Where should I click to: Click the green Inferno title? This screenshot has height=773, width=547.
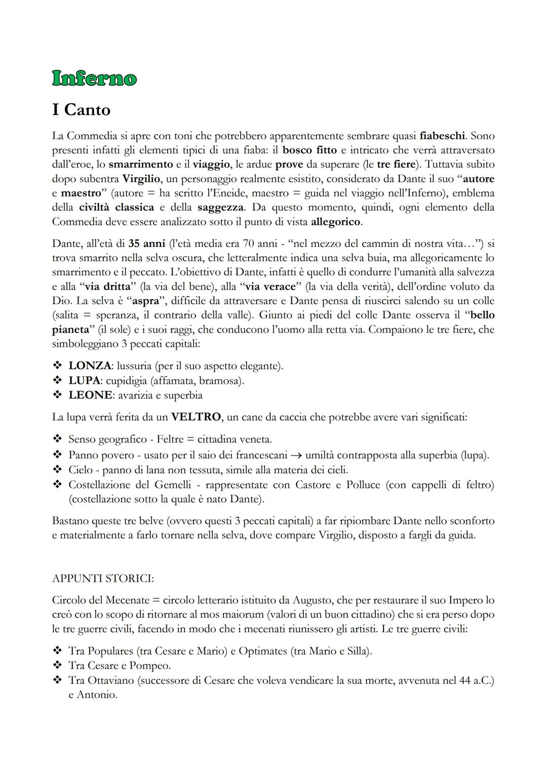click(94, 78)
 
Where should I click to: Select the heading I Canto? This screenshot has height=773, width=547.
click(81, 109)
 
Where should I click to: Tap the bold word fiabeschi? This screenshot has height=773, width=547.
click(442, 136)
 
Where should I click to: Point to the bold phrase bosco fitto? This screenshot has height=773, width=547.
click(309, 150)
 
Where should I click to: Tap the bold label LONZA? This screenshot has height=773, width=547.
click(90, 365)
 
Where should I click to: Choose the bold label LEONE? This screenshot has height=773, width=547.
click(90, 395)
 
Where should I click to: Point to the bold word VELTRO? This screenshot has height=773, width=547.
click(196, 417)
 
